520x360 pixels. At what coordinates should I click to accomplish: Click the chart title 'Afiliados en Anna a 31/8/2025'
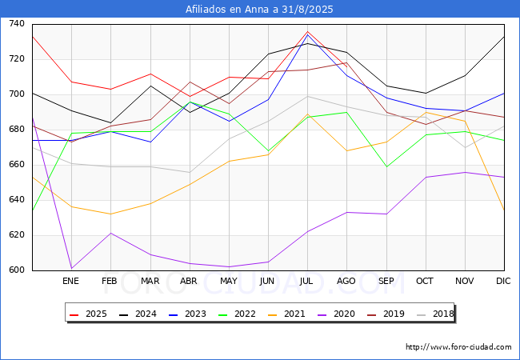(x=259, y=10)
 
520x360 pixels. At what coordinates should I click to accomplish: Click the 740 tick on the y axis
(x=17, y=24)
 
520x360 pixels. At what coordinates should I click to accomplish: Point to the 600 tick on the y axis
(x=17, y=270)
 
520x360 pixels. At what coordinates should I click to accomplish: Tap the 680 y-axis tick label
(x=17, y=130)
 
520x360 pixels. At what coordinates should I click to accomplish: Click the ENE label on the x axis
(x=71, y=281)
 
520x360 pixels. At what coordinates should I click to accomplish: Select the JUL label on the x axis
(x=307, y=281)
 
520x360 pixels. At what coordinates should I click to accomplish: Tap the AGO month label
(x=346, y=281)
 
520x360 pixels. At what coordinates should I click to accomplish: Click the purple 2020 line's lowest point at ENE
(x=71, y=268)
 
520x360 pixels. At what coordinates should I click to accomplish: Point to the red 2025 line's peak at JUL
(x=307, y=32)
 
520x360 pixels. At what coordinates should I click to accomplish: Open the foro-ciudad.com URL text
(x=458, y=347)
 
